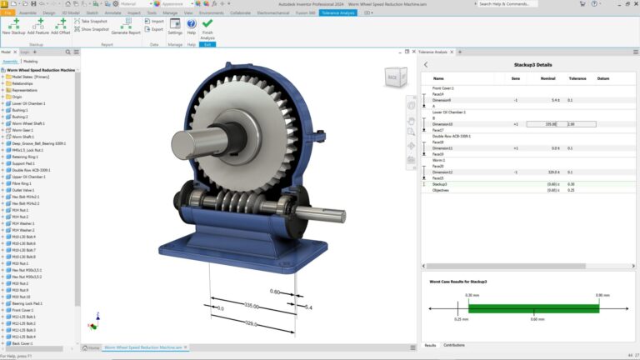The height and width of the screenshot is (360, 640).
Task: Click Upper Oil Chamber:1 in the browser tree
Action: [x=28, y=177]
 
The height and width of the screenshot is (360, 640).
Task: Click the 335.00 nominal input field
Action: [x=545, y=124]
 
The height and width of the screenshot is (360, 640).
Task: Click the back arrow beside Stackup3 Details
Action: [x=426, y=64]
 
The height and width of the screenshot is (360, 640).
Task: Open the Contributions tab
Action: [x=453, y=344]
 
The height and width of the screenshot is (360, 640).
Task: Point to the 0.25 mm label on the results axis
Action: [x=461, y=318]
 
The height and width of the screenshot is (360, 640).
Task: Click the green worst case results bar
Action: [x=533, y=307]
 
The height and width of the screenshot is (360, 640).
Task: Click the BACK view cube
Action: [x=392, y=78]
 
